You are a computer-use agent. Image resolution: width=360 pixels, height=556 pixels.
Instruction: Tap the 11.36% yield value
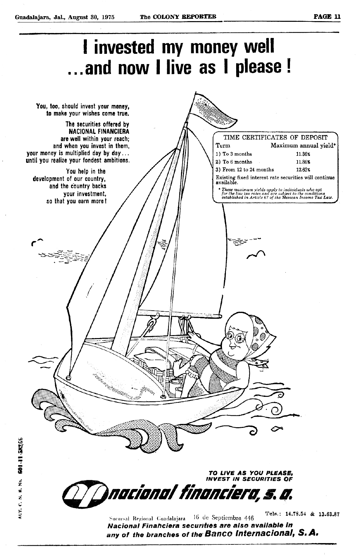tap(303, 154)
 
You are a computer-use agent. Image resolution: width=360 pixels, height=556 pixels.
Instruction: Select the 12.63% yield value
tap(303, 170)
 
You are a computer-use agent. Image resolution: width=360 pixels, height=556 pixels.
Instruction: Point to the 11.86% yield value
tap(303, 162)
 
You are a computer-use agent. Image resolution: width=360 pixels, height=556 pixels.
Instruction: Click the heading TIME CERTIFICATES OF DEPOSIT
tap(275, 138)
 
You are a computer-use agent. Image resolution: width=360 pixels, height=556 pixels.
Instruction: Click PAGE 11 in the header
tap(327, 17)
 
